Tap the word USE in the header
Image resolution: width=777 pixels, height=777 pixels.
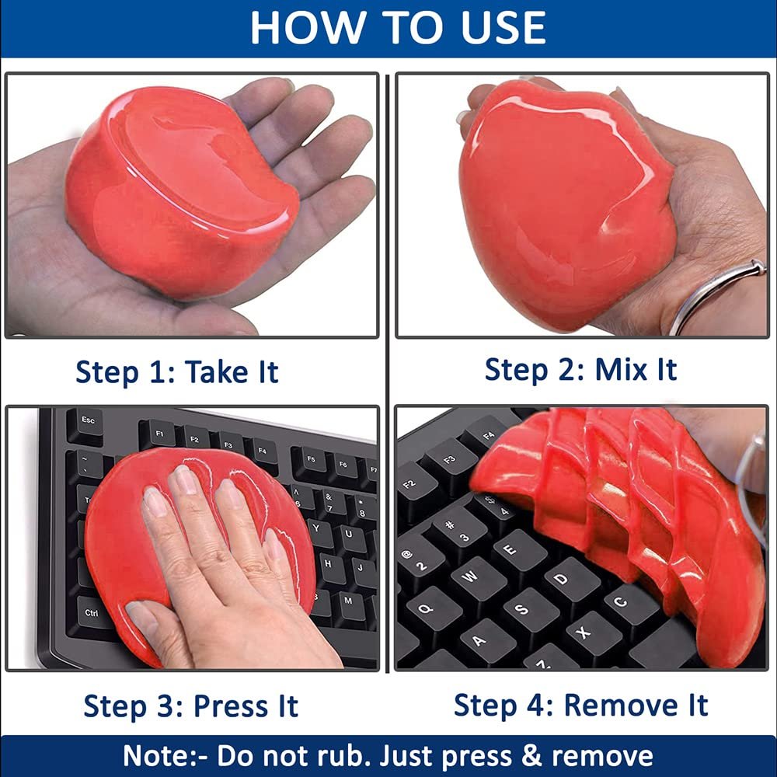click(503, 28)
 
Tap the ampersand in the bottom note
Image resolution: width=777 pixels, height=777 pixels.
click(531, 756)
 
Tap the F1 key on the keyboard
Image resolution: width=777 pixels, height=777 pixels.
click(158, 434)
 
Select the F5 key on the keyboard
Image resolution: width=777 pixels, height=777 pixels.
click(310, 460)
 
